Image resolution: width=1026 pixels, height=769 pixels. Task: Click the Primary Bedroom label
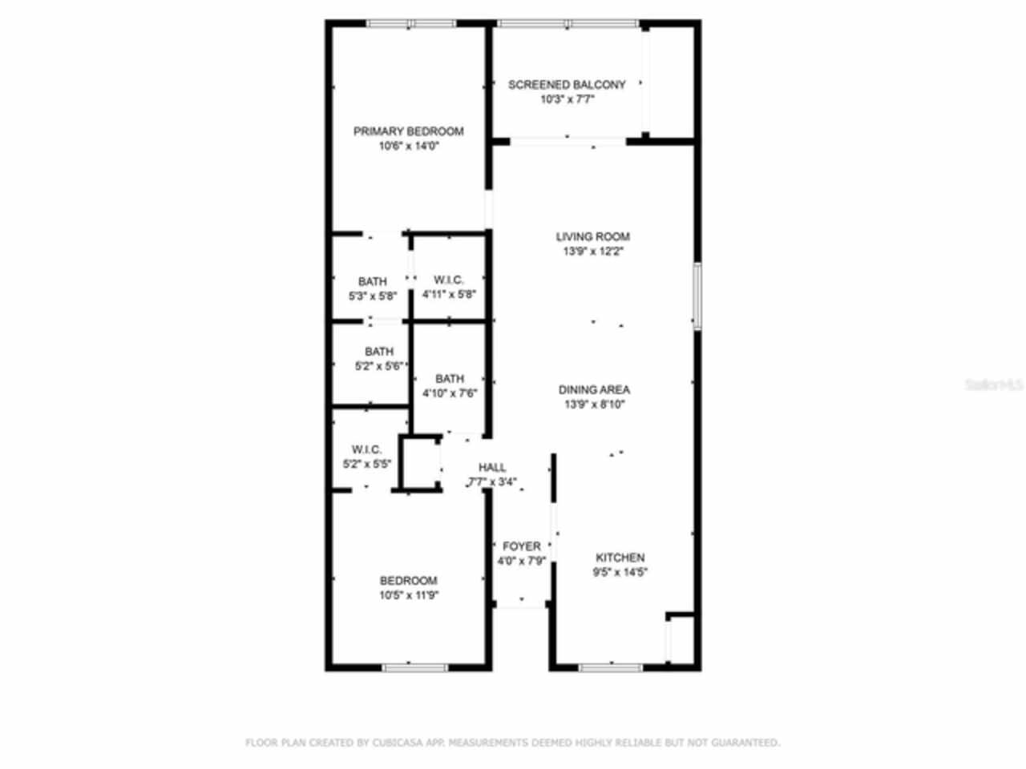click(408, 131)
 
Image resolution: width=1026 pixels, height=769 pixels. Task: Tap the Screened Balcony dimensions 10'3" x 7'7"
click(567, 100)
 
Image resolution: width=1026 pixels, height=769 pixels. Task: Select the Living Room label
click(592, 236)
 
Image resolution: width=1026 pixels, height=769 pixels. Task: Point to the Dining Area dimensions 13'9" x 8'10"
click(594, 405)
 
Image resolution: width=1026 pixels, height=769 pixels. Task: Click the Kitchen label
click(620, 558)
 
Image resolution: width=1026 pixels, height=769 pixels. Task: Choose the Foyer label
click(521, 546)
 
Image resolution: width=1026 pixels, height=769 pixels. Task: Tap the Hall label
click(492, 467)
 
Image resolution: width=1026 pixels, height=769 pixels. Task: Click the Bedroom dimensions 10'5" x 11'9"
click(408, 595)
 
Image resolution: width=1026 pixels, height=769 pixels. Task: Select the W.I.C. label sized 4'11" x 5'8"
click(449, 280)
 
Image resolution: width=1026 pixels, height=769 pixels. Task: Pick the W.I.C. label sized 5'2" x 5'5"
click(366, 449)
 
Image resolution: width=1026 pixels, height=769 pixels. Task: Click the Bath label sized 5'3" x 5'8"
click(372, 281)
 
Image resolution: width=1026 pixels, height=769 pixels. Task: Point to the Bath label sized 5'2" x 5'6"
click(379, 352)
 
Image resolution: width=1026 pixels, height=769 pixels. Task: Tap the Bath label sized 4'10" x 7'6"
click(450, 379)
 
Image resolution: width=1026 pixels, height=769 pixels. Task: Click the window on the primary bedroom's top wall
click(410, 24)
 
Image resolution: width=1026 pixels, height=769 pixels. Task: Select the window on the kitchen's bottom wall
click(611, 666)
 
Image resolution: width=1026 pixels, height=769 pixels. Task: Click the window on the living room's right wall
click(697, 296)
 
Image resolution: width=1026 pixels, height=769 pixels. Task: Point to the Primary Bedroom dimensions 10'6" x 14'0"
click(409, 147)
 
